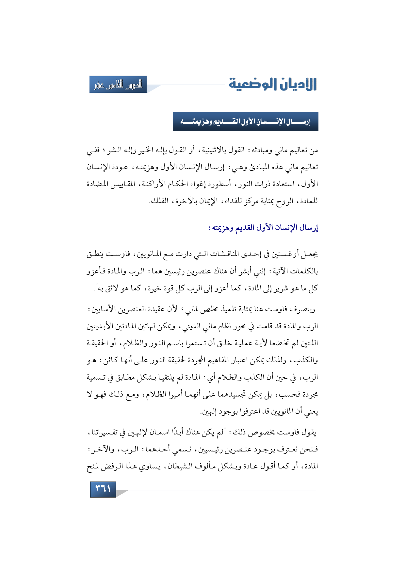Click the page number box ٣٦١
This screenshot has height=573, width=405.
(x=103, y=489)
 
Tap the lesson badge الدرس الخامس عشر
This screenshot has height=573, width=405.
(x=118, y=85)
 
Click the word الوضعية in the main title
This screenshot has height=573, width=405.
(x=251, y=84)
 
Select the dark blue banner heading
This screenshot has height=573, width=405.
(x=245, y=122)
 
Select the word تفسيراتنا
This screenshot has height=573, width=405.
(x=104, y=433)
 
